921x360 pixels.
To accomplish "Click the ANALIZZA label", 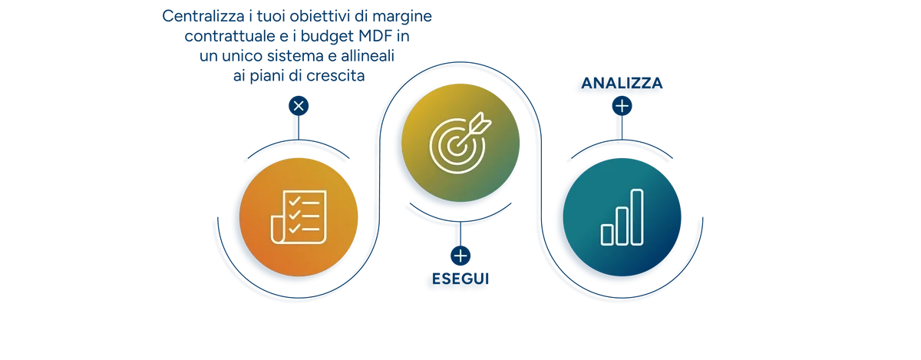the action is (622, 83).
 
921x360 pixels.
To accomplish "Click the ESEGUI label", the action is (460, 279).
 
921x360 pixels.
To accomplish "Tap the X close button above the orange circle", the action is (299, 106).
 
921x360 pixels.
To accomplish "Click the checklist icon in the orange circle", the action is (299, 216).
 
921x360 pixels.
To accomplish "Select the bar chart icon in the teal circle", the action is (622, 217).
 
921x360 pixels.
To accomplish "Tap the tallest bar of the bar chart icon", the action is (637, 217).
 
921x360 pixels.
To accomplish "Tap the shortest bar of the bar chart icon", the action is (607, 235).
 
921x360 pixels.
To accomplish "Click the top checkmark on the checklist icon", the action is (295, 201).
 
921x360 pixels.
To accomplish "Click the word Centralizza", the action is (203, 16).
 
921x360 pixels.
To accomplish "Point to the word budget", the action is (327, 37).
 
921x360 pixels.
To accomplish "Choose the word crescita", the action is (335, 76).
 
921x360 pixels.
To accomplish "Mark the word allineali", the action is (368, 55).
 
